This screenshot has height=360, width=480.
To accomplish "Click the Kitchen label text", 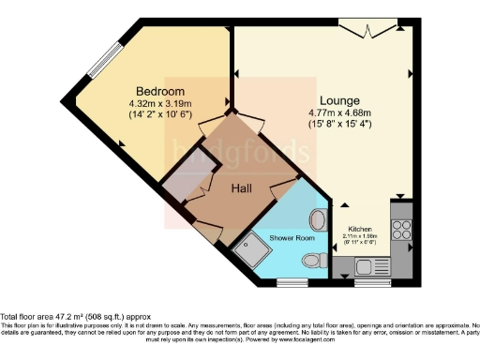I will pyautogui.click(x=361, y=229).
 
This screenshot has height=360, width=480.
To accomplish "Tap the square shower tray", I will pyautogui.click(x=252, y=249).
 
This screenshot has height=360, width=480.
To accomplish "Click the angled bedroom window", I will pyautogui.click(x=95, y=61).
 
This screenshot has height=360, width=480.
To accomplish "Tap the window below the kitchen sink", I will pyautogui.click(x=367, y=280).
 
